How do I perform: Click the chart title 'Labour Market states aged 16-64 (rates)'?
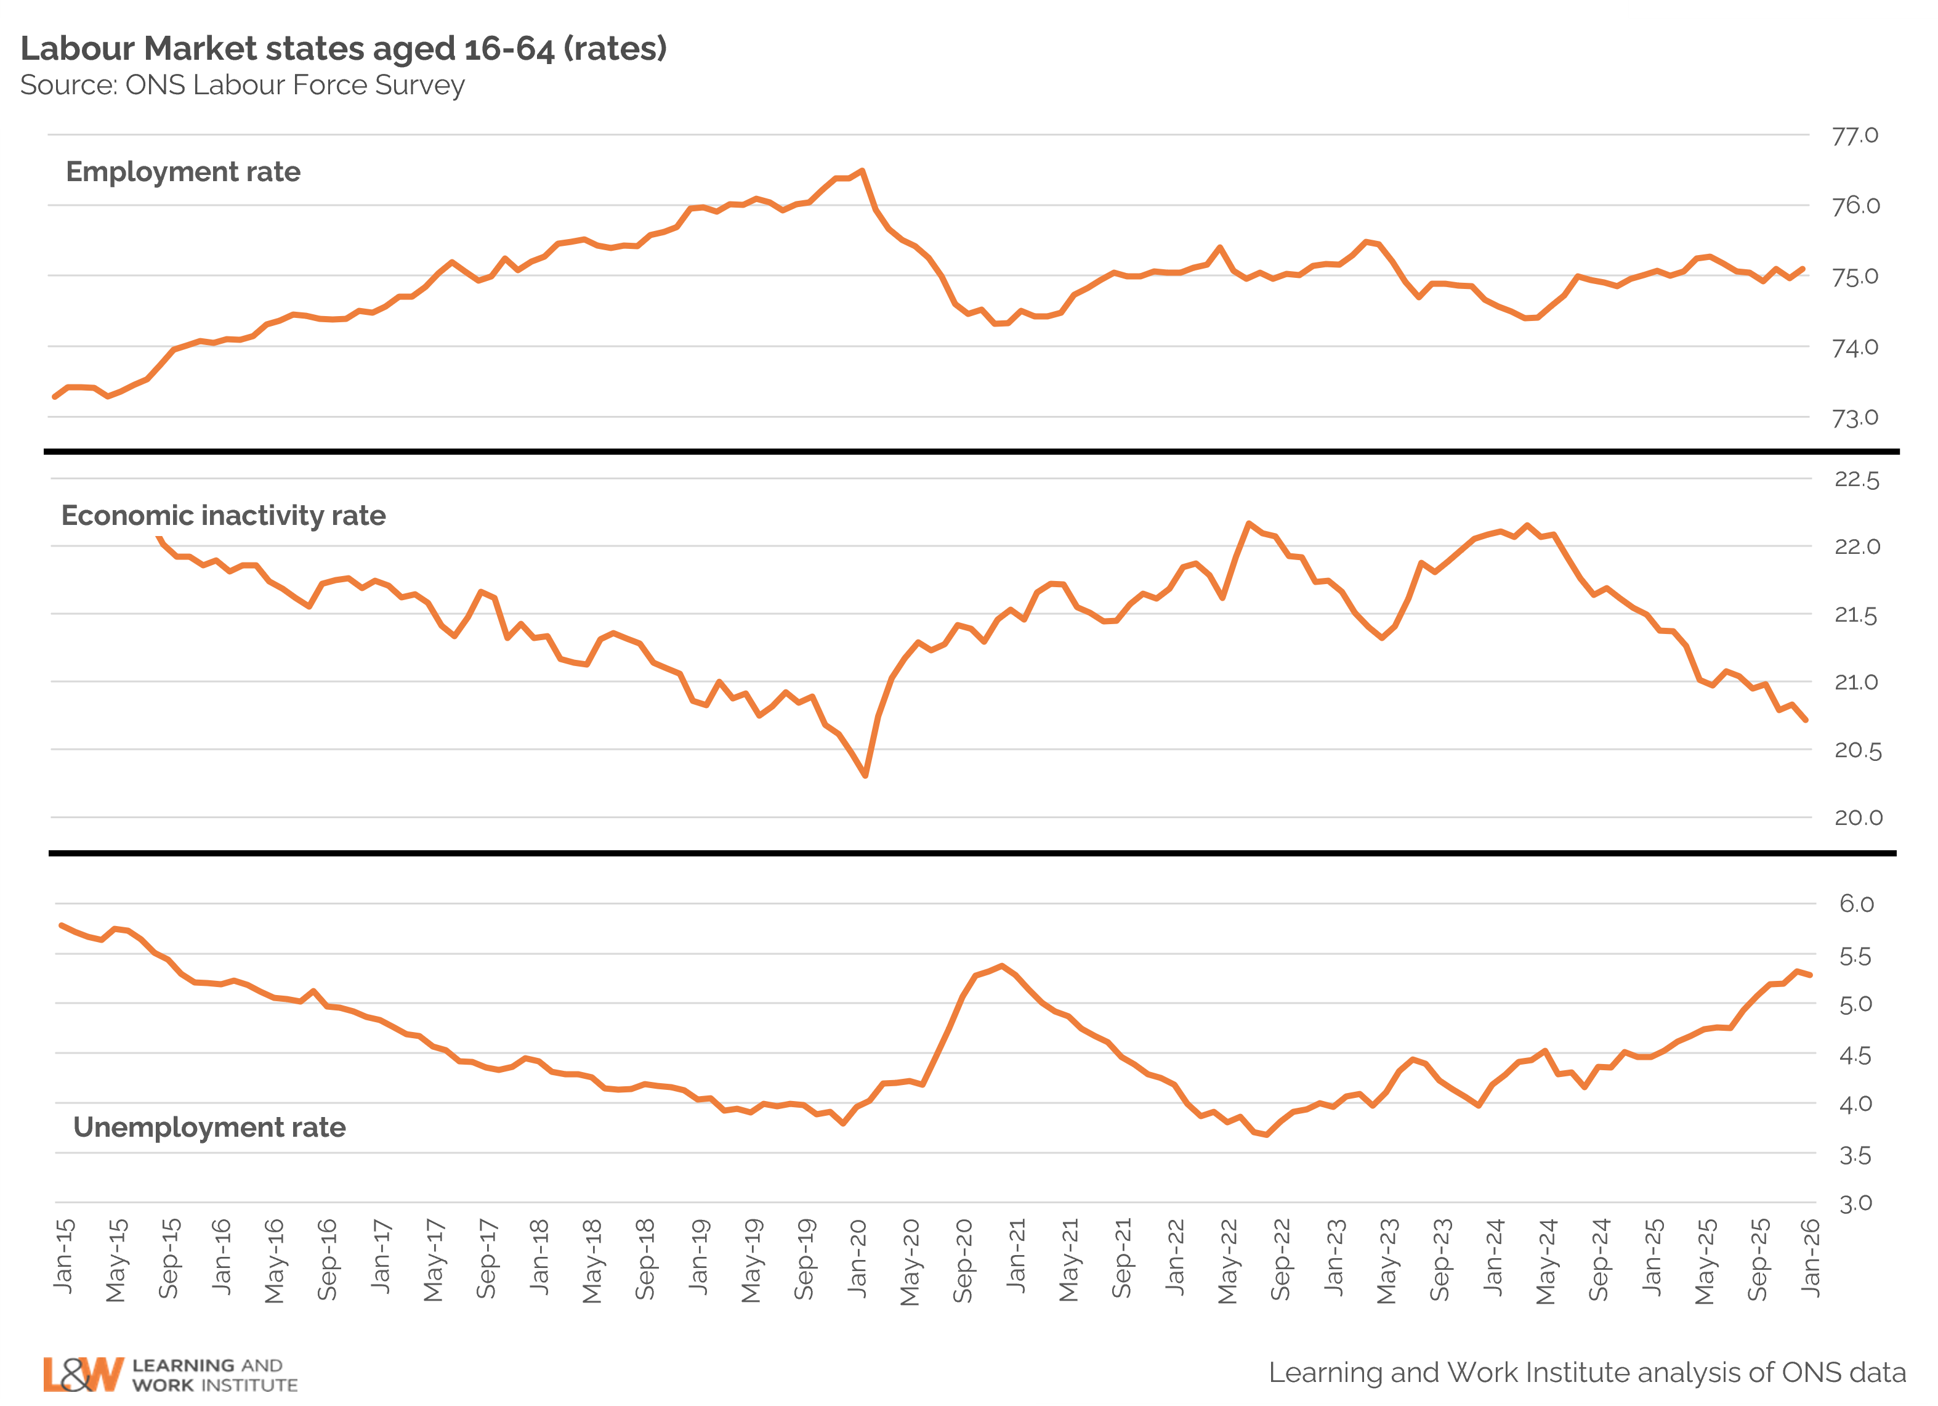click(344, 49)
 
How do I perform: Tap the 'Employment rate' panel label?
click(183, 172)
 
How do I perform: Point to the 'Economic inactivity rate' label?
click(223, 516)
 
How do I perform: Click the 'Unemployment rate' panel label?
click(209, 1128)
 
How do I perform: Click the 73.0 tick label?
click(1855, 418)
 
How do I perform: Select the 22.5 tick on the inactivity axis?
click(1857, 479)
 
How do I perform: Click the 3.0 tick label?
click(1857, 1203)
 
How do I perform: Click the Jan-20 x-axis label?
click(858, 1256)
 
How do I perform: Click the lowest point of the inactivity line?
click(866, 775)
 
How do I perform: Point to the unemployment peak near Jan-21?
click(1001, 966)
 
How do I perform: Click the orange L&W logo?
click(83, 1375)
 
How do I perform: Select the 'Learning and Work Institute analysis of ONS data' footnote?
click(1587, 1373)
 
